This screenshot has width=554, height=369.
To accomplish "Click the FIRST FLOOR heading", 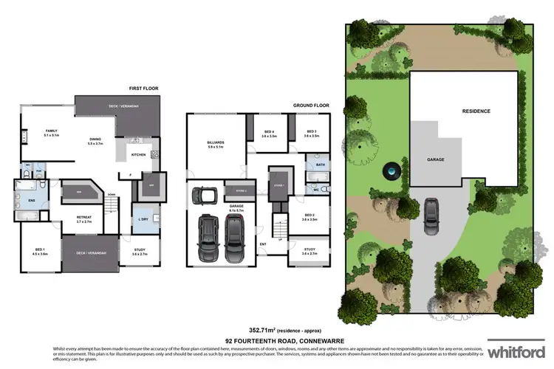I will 144,89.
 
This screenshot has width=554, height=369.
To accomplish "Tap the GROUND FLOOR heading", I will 310,105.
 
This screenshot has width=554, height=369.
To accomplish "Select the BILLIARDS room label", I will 216,143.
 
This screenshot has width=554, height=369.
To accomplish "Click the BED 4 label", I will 269,134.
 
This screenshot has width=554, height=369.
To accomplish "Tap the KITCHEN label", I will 138,155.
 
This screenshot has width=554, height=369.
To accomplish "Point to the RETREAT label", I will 84,218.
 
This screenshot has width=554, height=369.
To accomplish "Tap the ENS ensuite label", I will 33,200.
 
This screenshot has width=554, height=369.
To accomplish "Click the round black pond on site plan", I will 389,172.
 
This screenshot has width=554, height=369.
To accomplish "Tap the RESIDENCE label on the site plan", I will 476,111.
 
